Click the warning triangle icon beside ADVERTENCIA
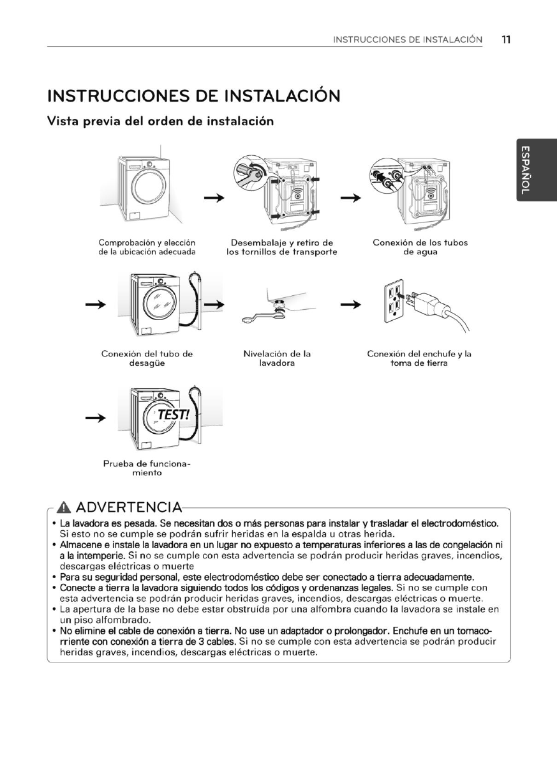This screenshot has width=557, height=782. [x=63, y=509]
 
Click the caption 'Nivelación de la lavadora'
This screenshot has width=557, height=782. [x=277, y=358]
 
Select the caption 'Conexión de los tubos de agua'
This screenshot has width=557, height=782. [x=419, y=247]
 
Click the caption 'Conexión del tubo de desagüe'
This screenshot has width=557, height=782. [x=147, y=358]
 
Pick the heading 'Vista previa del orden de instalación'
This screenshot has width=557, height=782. [x=161, y=121]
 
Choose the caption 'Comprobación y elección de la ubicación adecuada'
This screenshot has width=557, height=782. [x=147, y=247]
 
